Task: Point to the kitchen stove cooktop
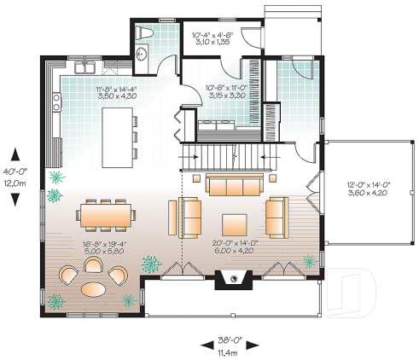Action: coord(56,103)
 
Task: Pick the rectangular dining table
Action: coord(107,214)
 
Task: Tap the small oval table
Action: coord(95,288)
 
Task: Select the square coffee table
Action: coord(236,224)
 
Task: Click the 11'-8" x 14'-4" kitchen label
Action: coord(117,92)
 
